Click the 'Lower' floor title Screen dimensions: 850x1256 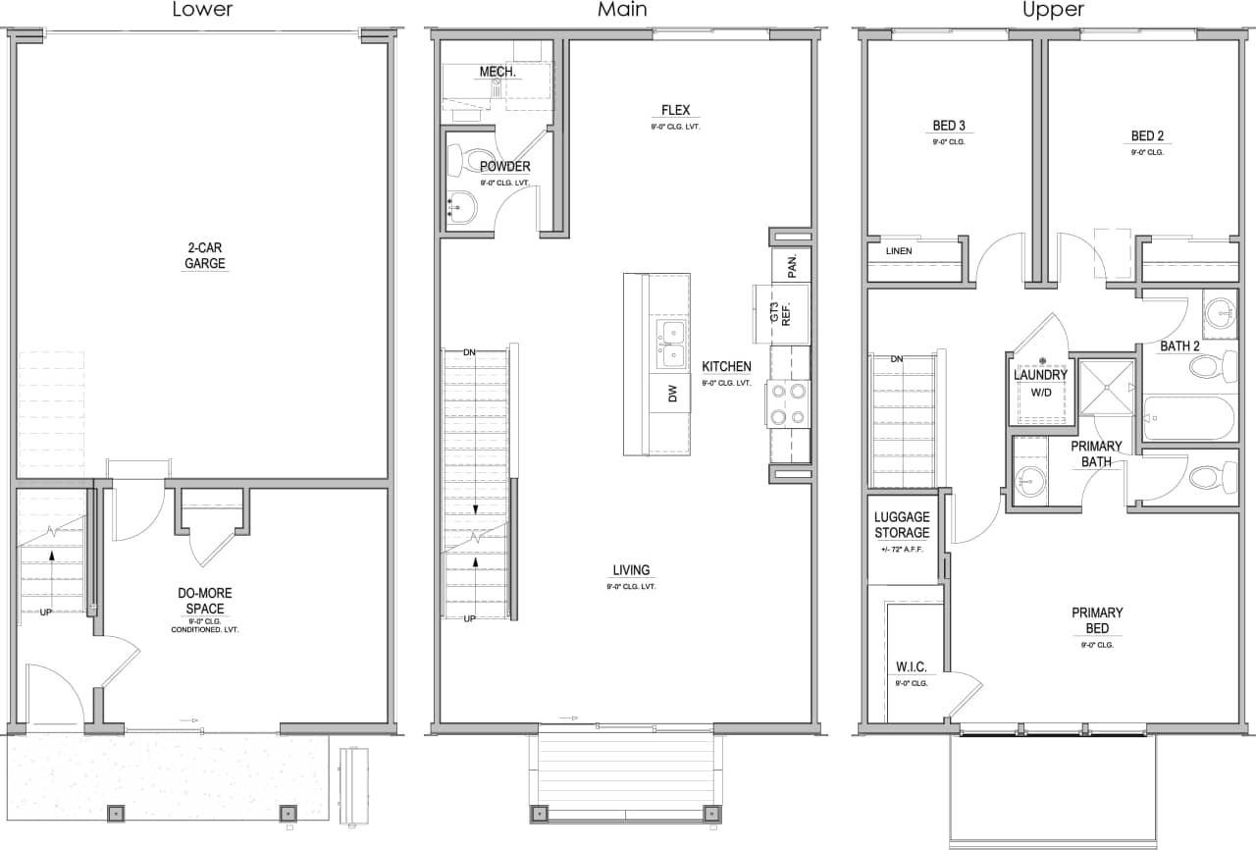pos(203,11)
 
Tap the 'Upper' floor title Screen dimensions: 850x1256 pos(1053,11)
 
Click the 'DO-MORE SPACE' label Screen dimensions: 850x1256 pos(205,601)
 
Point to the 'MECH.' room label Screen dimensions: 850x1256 pos(498,73)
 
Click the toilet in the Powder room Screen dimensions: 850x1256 pos(468,161)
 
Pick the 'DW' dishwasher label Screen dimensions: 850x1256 pos(672,394)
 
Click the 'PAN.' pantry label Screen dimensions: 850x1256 pos(792,265)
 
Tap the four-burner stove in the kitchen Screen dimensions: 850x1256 pos(789,403)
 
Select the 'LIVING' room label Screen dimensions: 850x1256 pos(631,570)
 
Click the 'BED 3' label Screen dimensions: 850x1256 pos(949,126)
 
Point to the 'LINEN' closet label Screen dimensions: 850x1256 pos(899,251)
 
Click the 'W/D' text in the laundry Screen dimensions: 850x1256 pos(1040,393)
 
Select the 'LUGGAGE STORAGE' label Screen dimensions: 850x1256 pos(901,525)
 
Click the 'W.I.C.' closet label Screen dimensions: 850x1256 pos(911,667)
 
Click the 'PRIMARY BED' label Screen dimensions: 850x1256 pos(1097,620)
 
